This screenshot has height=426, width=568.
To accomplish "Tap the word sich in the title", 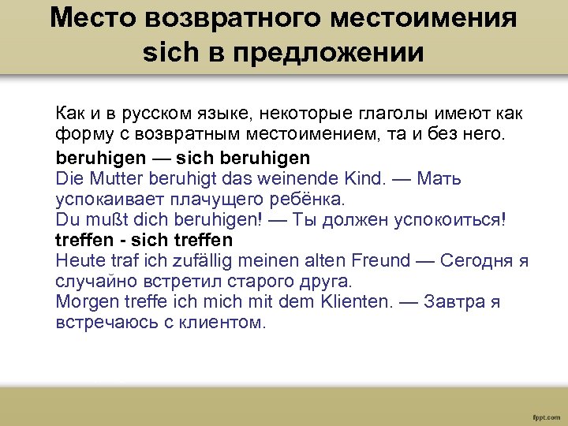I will (x=170, y=52).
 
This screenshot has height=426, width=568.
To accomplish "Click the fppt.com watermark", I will (x=545, y=415).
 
